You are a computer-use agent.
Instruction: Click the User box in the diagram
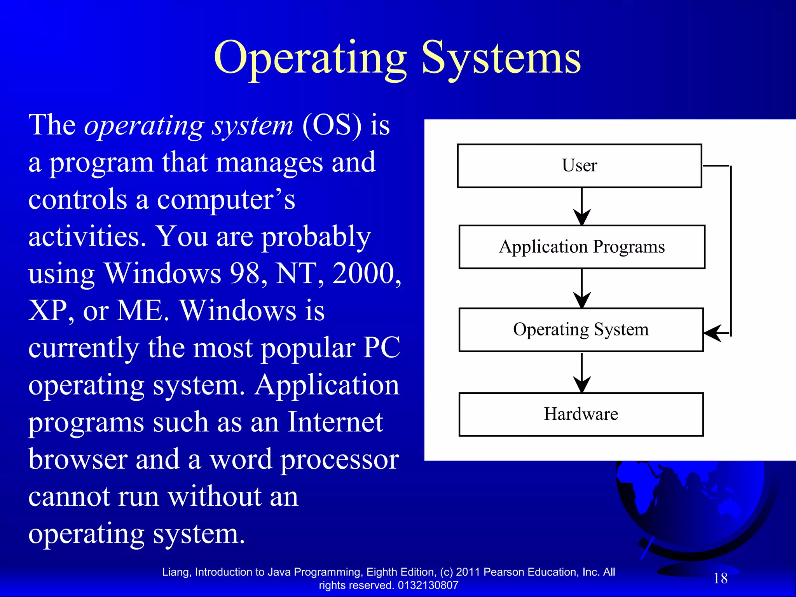pyautogui.click(x=579, y=166)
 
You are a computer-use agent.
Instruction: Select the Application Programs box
pyautogui.click(x=581, y=247)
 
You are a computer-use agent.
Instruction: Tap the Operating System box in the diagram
pyautogui.click(x=581, y=330)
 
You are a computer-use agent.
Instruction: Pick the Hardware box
pyautogui.click(x=581, y=414)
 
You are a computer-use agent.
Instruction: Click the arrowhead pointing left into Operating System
pyautogui.click(x=713, y=333)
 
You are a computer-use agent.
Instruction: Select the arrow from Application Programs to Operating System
pyautogui.click(x=582, y=288)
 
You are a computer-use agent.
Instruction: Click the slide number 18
pyautogui.click(x=720, y=578)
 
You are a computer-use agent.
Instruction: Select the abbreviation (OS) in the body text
pyautogui.click(x=332, y=126)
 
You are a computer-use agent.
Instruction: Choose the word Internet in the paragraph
pyautogui.click(x=335, y=422)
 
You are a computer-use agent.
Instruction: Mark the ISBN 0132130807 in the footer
pyautogui.click(x=428, y=585)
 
